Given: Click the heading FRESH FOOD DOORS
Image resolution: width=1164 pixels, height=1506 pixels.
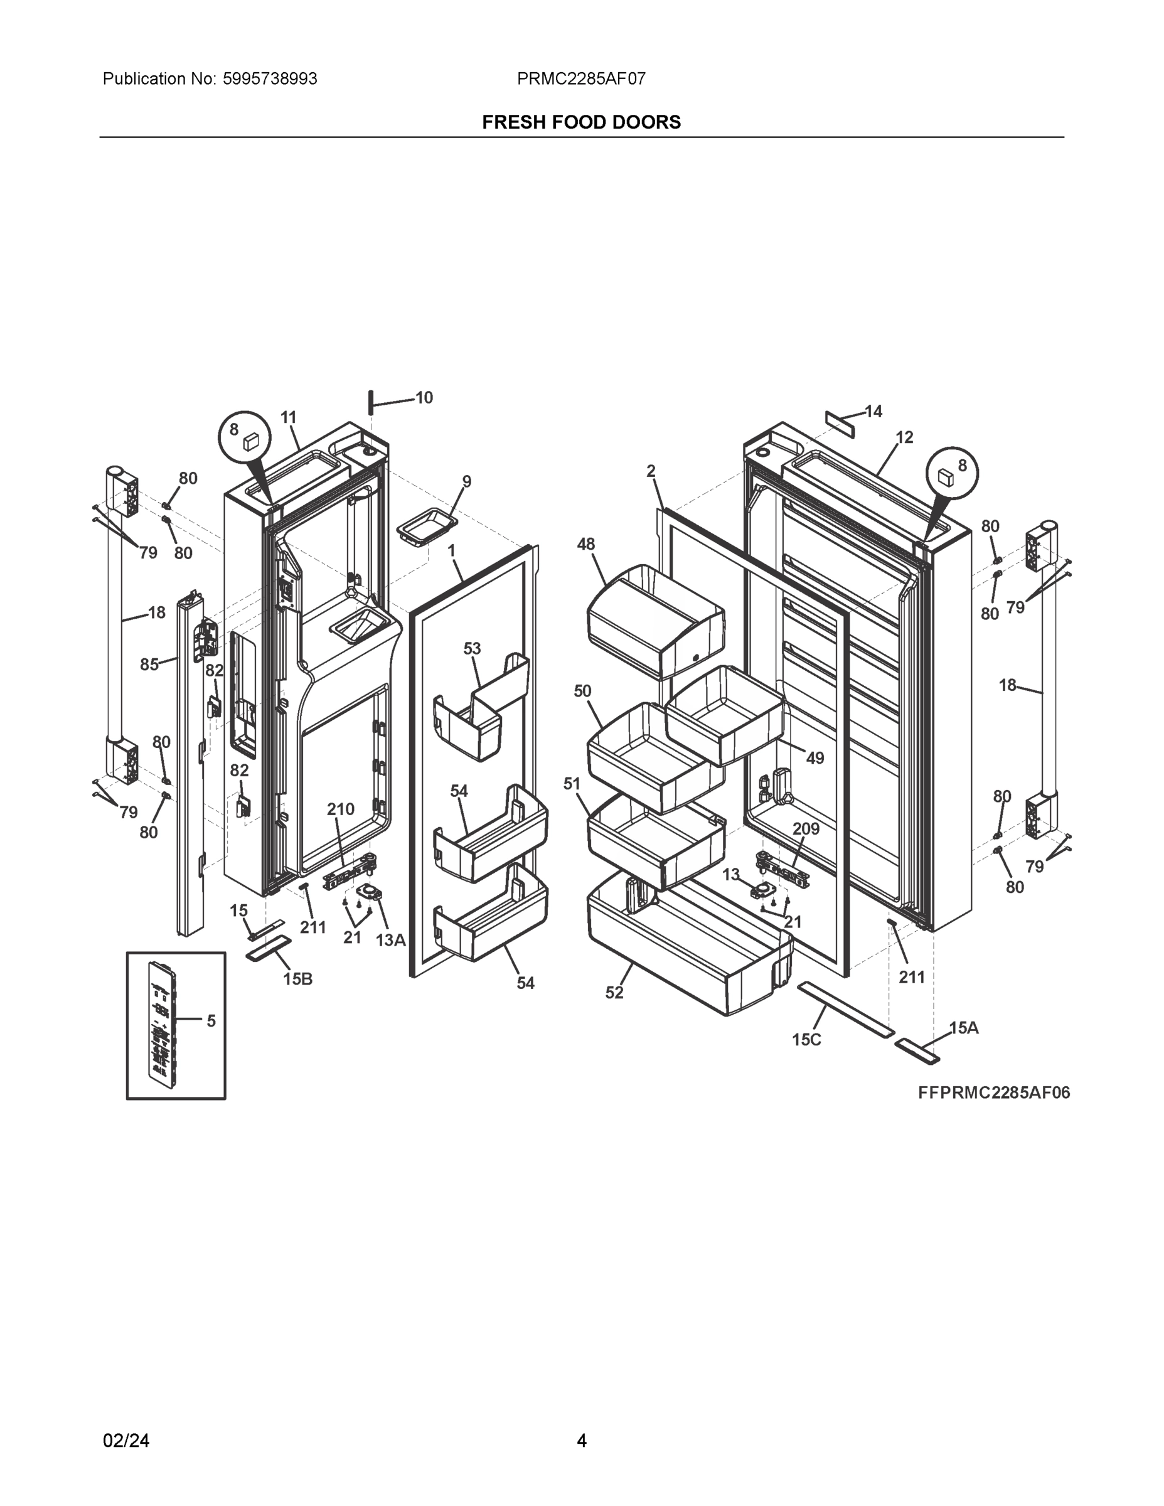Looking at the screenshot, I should [581, 122].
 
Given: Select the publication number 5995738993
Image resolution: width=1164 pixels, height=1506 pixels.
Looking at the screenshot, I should [270, 78].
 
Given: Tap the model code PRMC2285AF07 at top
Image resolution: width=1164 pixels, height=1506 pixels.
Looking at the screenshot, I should [581, 78].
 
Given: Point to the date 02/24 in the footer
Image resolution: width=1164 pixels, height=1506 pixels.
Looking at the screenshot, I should [126, 1441].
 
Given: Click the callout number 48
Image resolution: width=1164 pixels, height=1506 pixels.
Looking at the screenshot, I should [585, 544].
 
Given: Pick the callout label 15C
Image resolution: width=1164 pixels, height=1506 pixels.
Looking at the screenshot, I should [806, 1039].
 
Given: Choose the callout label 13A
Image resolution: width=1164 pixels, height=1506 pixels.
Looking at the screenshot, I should [390, 939].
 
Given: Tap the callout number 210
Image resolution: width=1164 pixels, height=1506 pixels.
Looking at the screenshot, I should [341, 809].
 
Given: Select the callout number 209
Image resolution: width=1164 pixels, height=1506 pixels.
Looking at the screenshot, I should [806, 828].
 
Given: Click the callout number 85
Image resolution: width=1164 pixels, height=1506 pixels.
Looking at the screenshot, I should [149, 664].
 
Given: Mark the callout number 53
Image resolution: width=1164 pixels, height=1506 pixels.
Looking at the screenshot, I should [472, 648].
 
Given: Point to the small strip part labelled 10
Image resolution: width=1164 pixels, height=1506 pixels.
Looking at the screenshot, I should [371, 402].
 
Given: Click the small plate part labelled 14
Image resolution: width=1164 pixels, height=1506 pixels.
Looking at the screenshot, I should [840, 425].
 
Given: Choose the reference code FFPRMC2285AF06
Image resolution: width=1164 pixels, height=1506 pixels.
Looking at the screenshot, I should [994, 1092].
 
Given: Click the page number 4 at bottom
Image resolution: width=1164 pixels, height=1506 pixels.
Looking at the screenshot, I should [581, 1441].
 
